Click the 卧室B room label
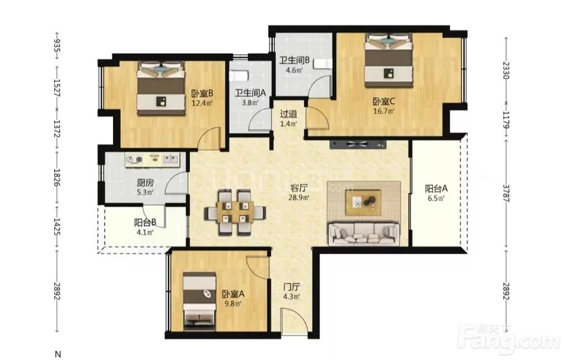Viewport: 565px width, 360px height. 202,94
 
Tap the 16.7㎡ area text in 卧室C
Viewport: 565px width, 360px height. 384,111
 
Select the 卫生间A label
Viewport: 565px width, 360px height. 250,93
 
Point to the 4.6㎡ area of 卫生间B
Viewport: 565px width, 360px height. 294,70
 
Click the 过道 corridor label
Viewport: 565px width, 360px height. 289,114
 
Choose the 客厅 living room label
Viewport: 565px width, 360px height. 299,188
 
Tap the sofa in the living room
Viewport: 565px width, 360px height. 363,234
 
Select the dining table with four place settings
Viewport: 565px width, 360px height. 234,212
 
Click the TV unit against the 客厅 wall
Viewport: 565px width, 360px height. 358,144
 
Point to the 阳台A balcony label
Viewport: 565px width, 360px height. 436,188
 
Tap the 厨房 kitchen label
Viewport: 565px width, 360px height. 145,183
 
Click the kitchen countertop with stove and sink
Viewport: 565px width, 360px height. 153,159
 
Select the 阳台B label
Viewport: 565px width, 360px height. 145,223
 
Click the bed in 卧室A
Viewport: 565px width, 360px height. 200,301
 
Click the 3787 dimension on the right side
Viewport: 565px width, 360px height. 506,193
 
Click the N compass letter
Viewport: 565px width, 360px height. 58,353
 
